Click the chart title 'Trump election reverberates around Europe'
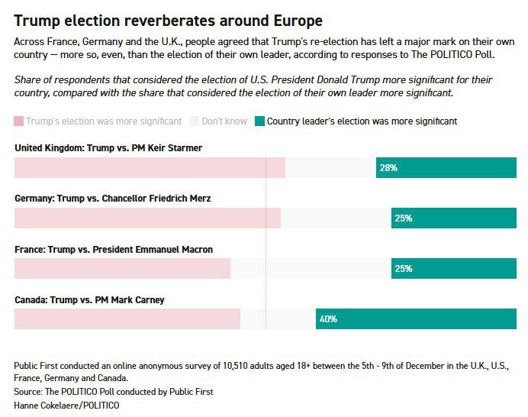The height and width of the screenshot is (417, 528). click(x=168, y=21)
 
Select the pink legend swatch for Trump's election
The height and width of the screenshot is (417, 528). click(x=19, y=121)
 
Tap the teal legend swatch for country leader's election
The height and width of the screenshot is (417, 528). click(x=259, y=121)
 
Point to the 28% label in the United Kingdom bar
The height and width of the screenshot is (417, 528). click(x=388, y=168)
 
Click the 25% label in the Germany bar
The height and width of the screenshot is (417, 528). click(x=404, y=218)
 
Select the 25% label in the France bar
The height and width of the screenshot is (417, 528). click(x=404, y=269)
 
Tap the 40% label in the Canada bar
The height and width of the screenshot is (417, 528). click(x=329, y=319)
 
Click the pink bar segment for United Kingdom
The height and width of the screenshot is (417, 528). click(x=150, y=168)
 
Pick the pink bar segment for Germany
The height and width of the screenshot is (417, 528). click(x=147, y=218)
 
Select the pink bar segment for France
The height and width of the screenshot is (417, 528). click(x=122, y=269)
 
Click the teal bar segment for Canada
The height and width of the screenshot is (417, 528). click(x=416, y=319)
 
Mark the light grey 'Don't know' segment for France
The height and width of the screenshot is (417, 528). click(x=311, y=269)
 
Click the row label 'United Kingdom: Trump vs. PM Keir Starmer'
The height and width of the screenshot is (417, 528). click(x=108, y=147)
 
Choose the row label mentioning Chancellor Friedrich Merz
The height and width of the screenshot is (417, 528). click(x=112, y=198)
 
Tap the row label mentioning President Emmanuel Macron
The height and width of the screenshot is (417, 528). click(x=114, y=249)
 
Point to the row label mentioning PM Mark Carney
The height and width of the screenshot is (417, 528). click(x=89, y=300)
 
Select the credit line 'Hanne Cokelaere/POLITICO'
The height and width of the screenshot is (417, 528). click(x=67, y=405)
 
